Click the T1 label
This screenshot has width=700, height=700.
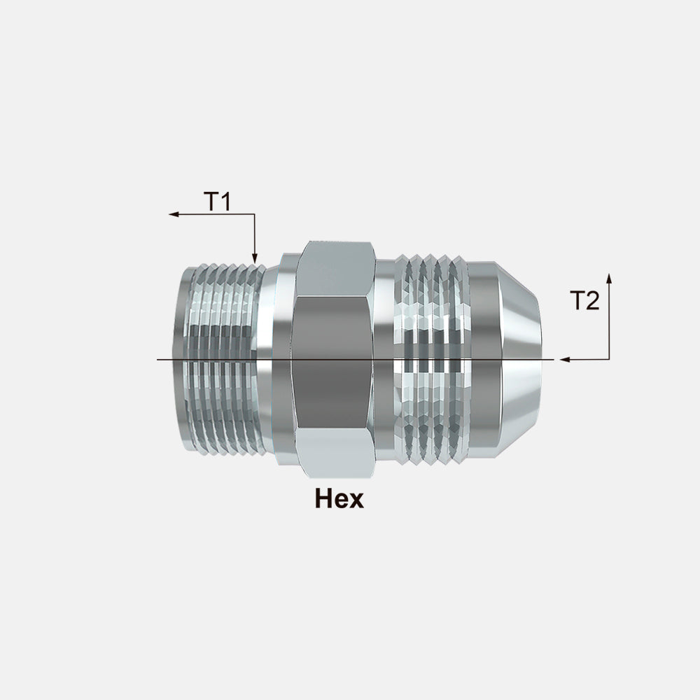click(x=218, y=202)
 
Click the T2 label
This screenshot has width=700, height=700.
click(x=584, y=301)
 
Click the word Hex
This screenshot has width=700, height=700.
click(x=339, y=499)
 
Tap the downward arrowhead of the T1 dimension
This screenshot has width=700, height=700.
click(x=254, y=259)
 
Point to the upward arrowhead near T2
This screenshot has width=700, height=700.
click(x=609, y=278)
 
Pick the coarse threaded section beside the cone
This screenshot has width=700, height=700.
click(x=430, y=360)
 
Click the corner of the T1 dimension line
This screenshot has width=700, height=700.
click(x=254, y=214)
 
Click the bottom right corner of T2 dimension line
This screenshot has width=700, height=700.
click(x=609, y=359)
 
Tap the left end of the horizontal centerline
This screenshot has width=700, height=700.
click(x=157, y=359)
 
